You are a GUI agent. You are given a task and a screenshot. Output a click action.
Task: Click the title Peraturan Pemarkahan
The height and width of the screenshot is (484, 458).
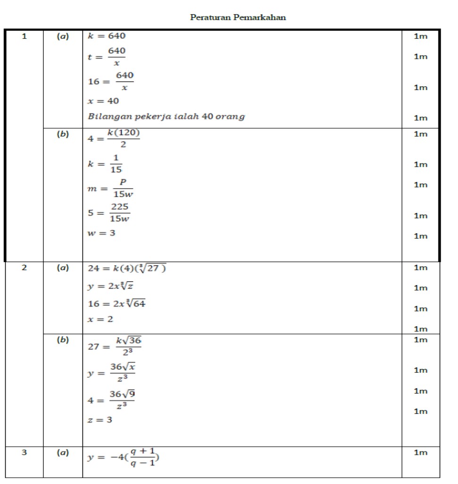(x=238, y=17)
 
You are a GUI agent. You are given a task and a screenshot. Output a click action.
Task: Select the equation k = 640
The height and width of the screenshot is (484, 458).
(x=107, y=36)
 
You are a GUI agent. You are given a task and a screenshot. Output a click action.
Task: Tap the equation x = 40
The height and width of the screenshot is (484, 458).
(x=104, y=101)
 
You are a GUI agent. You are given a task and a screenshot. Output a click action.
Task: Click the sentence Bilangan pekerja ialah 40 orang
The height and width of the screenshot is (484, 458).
(x=166, y=116)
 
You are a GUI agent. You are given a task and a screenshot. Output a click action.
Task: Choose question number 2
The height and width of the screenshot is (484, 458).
(x=25, y=268)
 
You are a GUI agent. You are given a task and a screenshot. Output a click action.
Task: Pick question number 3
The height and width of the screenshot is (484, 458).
(x=25, y=452)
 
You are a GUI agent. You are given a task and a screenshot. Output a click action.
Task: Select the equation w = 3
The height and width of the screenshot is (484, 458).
(x=102, y=233)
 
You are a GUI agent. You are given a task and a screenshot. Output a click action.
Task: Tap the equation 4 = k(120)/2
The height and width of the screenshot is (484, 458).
(x=114, y=139)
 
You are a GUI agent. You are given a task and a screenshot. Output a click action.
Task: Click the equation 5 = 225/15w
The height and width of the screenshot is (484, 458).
(x=109, y=213)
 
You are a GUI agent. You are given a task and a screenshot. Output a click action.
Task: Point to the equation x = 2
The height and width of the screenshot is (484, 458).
(x=100, y=319)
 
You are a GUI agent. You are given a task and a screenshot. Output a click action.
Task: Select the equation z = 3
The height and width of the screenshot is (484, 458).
(x=100, y=419)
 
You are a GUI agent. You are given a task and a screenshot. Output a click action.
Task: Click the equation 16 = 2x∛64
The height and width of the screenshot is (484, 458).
(x=117, y=304)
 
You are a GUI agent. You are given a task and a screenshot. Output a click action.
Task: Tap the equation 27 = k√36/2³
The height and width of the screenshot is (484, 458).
(x=115, y=346)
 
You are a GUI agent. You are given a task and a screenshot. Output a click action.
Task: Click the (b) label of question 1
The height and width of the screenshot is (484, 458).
(x=63, y=134)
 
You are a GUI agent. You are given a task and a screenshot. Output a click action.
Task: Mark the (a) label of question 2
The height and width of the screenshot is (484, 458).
(x=63, y=268)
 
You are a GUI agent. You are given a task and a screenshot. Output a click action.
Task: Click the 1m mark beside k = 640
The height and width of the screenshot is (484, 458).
(x=420, y=36)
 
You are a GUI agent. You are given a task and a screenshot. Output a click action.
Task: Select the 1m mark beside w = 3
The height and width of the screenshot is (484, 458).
(x=420, y=236)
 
